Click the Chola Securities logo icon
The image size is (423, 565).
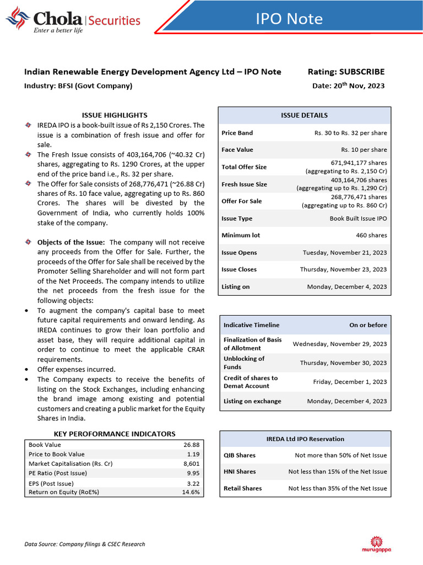coord(17,18)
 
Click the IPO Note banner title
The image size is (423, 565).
coord(289,19)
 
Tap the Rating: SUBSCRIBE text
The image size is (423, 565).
coord(345,72)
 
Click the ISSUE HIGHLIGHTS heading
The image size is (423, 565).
coord(115,115)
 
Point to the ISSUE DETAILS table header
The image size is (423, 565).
coord(304,115)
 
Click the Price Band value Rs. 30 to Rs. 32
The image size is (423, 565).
coord(350,133)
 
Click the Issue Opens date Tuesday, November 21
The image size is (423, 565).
coord(345,253)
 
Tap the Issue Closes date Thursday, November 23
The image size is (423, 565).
coord(343,269)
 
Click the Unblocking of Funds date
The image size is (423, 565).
coord(343,363)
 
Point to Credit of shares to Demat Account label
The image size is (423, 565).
coord(251,382)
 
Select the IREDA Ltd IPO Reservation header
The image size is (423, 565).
coord(305,439)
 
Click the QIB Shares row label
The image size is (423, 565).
coord(240,455)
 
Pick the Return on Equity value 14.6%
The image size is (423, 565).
coord(191,492)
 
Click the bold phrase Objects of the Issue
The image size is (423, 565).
coord(70,242)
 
